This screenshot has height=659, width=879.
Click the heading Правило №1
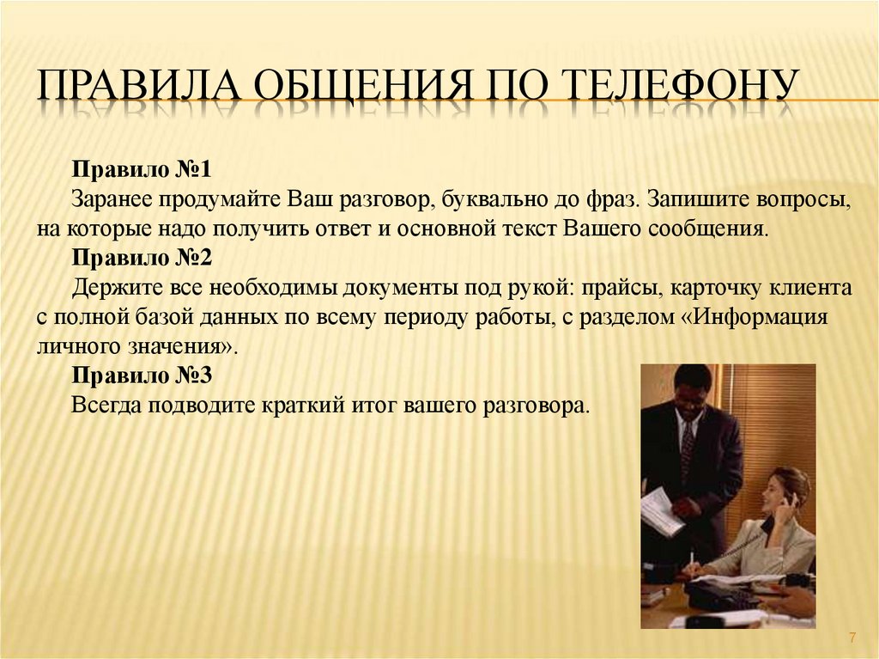pos(142,169)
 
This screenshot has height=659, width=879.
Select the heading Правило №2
pos(142,257)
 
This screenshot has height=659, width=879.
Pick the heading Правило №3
pos(142,375)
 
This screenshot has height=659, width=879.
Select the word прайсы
pos(621,289)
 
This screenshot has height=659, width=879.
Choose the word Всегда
pos(106,406)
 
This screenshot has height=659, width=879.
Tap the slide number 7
pos(852,638)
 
